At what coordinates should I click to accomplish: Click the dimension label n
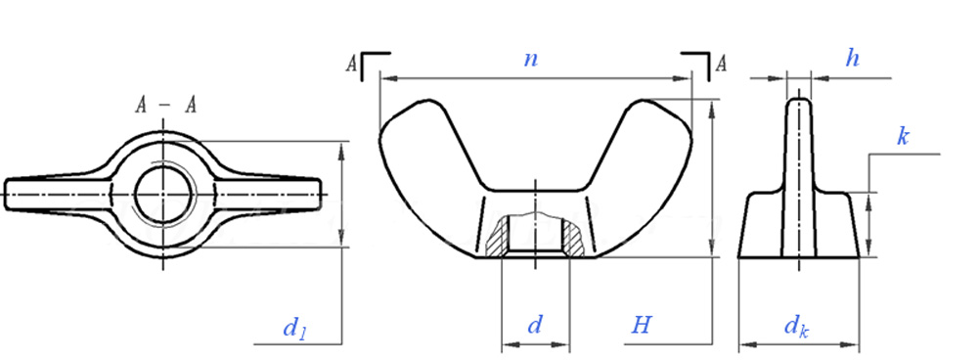pos(531,60)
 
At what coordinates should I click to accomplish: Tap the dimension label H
pos(641,325)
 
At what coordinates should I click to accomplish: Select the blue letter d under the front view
pos(535,325)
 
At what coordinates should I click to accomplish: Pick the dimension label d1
pos(295,328)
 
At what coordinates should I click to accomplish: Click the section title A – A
pos(166,106)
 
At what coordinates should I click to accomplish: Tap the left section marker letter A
pos(352,64)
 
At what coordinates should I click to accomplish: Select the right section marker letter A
pos(721,64)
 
